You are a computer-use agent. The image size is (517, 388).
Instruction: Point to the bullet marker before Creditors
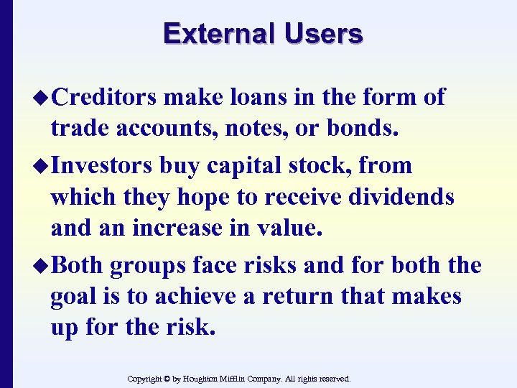(42, 98)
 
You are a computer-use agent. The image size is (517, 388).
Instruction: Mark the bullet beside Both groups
(42, 266)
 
